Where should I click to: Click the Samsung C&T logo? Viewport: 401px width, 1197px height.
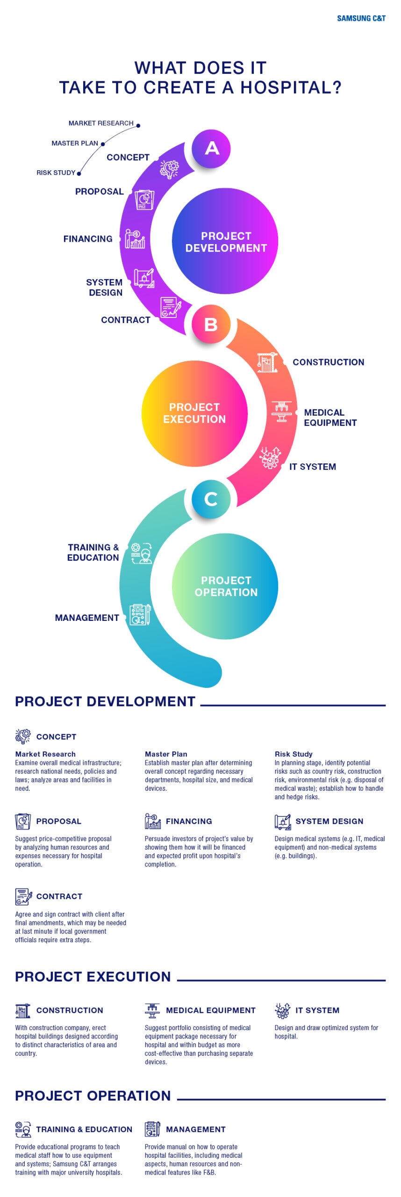point(361,18)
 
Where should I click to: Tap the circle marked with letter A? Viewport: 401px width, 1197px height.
point(211,148)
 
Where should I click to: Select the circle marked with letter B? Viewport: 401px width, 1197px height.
point(211,324)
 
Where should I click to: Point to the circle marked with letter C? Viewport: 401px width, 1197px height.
point(211,499)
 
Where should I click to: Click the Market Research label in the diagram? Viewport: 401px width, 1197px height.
point(101,123)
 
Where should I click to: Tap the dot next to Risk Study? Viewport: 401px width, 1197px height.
point(79,173)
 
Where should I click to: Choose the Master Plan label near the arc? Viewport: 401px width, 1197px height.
point(75,143)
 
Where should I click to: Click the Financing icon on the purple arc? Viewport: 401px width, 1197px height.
point(135,239)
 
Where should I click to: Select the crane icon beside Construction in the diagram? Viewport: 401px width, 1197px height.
point(267,362)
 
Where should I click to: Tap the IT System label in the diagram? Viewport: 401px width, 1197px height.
point(313,467)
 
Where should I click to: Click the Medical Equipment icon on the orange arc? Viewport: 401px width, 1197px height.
point(281,411)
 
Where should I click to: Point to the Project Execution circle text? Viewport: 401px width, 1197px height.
point(194,413)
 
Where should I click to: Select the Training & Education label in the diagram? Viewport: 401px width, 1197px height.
point(93,552)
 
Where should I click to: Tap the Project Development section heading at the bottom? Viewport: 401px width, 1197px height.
point(105,701)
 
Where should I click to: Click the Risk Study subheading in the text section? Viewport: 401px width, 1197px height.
point(294,754)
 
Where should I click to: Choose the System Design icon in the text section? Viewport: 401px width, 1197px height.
point(282,821)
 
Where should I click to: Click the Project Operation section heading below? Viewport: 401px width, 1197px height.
point(93,1096)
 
